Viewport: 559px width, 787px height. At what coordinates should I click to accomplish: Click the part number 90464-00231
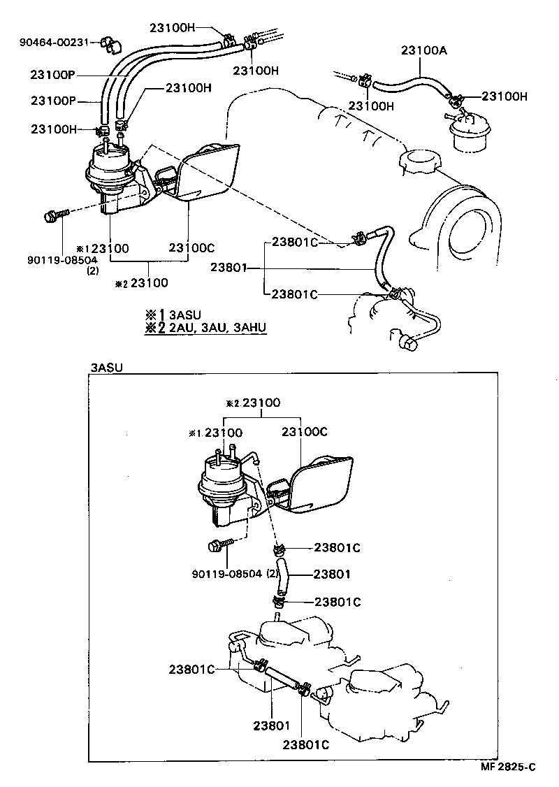tap(54, 42)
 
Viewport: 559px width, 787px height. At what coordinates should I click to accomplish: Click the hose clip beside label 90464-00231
tap(108, 43)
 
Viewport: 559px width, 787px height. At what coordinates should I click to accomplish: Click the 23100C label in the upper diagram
tap(191, 247)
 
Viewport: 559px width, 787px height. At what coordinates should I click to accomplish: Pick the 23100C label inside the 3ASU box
tap(304, 432)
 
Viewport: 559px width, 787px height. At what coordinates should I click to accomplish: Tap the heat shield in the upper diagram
tap(207, 172)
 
